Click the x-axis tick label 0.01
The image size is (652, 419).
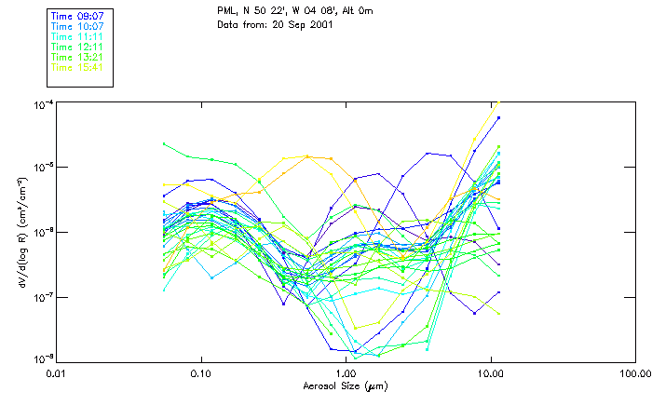(57, 373)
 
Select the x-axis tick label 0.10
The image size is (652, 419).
(201, 373)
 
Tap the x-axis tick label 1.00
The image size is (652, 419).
(346, 373)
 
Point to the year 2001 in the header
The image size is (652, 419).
(319, 24)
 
